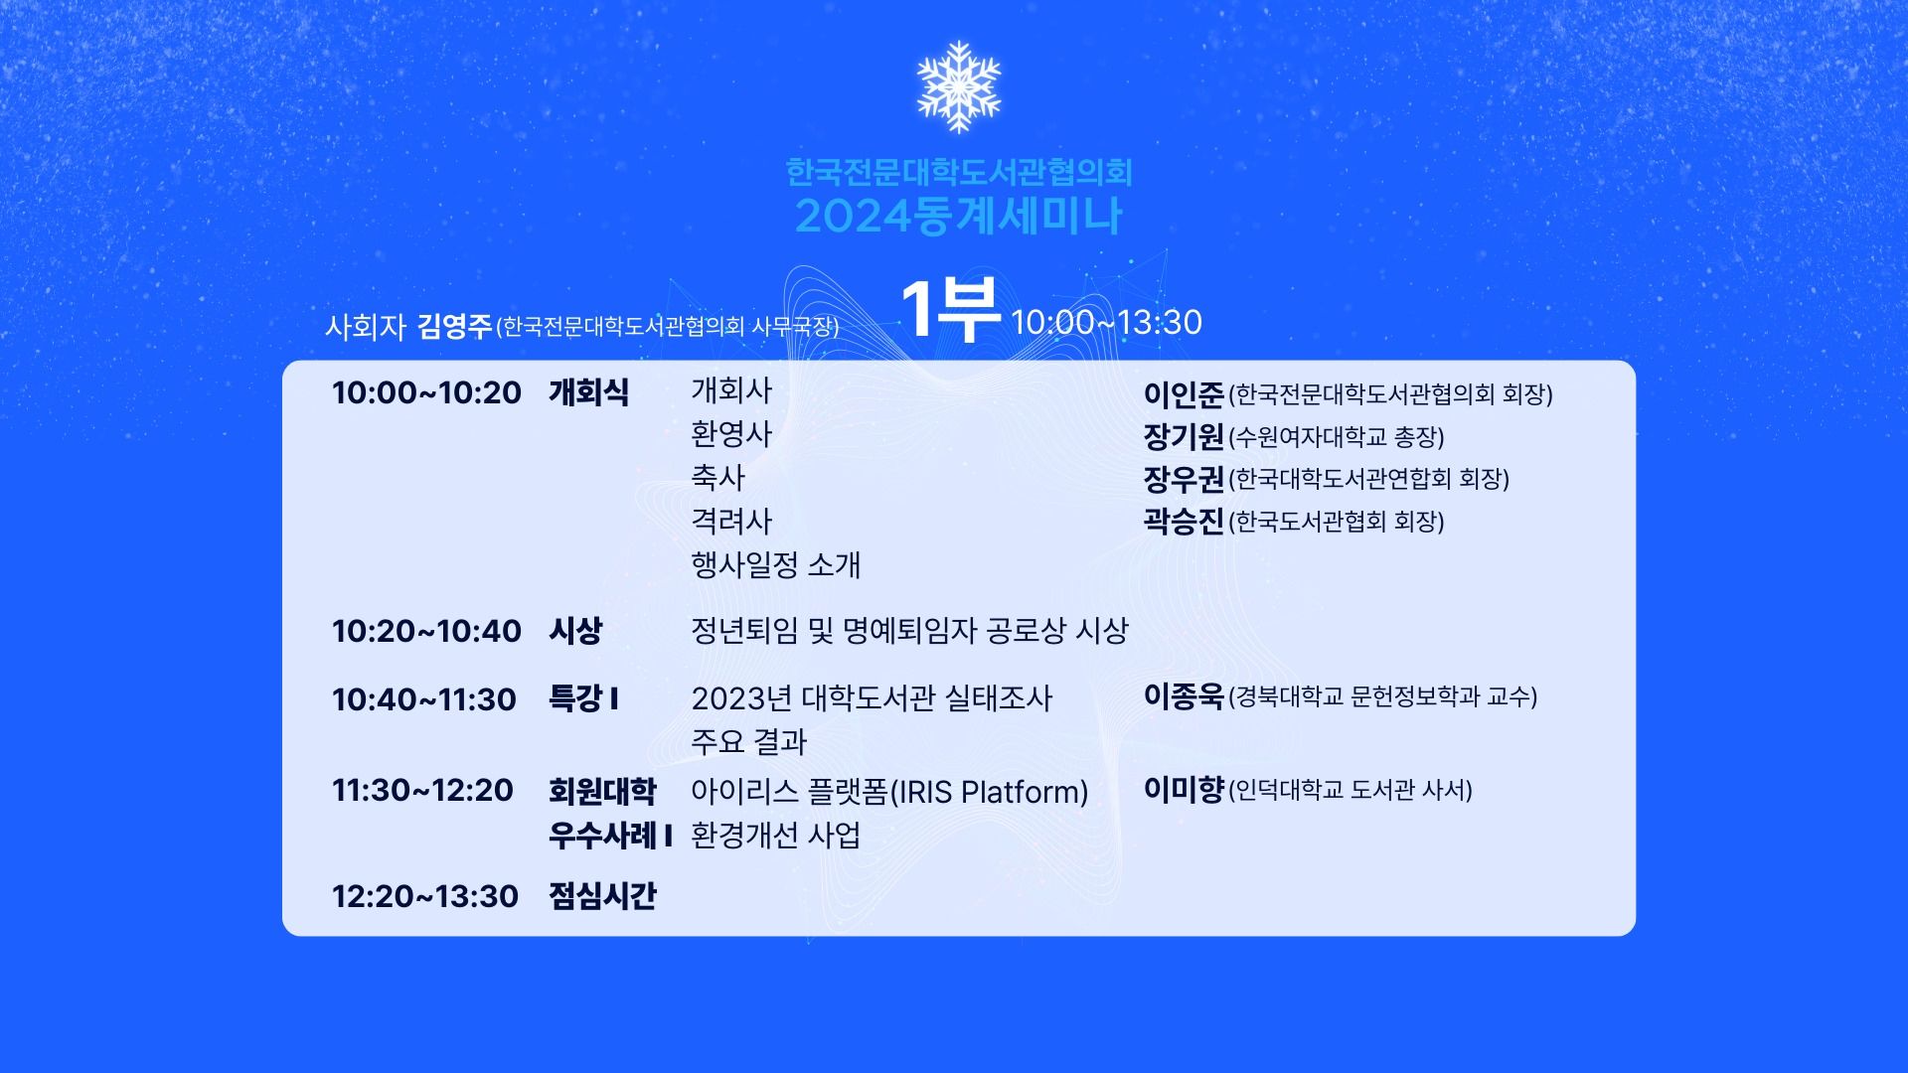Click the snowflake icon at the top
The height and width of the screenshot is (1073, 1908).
pyautogui.click(x=958, y=86)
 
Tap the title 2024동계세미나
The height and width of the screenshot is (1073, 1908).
pyautogui.click(x=958, y=217)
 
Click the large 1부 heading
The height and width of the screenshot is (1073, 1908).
pyautogui.click(x=950, y=310)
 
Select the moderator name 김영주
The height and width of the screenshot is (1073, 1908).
pyautogui.click(x=454, y=326)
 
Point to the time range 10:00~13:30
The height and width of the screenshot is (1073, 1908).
pyautogui.click(x=1106, y=322)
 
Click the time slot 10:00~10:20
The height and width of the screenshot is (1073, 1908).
pyautogui.click(x=426, y=392)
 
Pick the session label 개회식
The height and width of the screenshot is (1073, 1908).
pyautogui.click(x=588, y=392)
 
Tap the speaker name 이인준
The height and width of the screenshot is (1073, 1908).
pyautogui.click(x=1184, y=394)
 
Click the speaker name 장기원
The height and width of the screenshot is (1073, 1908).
pyautogui.click(x=1184, y=436)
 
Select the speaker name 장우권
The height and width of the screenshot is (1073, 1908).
pyautogui.click(x=1184, y=479)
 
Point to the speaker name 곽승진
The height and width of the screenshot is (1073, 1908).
pyautogui.click(x=1184, y=521)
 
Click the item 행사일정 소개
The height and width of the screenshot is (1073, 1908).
pyautogui.click(x=776, y=565)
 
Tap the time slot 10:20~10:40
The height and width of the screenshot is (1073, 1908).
pyautogui.click(x=426, y=631)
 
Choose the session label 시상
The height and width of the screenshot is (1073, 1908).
pyautogui.click(x=575, y=631)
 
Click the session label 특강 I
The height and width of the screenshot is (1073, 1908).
pyautogui.click(x=584, y=699)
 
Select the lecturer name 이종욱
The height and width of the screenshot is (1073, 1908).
pyautogui.click(x=1184, y=696)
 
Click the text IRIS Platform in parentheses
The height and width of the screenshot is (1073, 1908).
pyautogui.click(x=989, y=792)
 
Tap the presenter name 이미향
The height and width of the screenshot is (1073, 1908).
pyautogui.click(x=1184, y=790)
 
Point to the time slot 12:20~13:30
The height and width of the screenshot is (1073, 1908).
pyautogui.click(x=425, y=896)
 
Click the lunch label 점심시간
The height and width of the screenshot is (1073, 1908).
pyautogui.click(x=602, y=896)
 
